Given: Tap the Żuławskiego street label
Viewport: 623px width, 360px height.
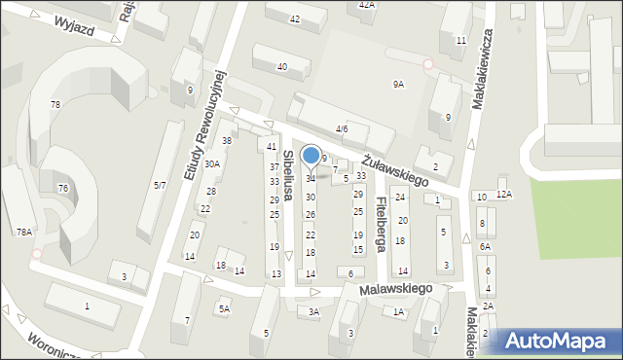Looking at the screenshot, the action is pos(396,168).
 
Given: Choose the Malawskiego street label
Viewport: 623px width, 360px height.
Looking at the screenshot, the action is pos(395,289).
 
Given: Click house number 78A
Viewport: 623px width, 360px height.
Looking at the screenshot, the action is pos(23,232).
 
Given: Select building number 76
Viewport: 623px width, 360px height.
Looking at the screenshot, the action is pos(62,188).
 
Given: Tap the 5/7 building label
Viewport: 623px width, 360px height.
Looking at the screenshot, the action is pos(159,184).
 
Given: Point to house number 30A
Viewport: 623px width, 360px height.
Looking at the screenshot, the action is pos(211,164).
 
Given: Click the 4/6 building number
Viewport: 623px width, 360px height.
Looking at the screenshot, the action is pos(342,128).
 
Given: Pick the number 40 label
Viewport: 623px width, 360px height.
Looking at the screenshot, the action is pos(282,66).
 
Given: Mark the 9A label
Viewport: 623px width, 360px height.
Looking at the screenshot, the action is pos(398,85).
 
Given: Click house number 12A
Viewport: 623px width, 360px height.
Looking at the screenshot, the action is pos(503,196).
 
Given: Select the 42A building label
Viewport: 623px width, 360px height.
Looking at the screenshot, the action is pos(366,5).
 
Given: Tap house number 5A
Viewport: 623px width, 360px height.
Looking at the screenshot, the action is pos(224,309).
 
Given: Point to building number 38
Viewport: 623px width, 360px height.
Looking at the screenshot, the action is pos(226,141).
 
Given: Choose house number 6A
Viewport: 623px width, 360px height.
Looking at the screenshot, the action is pos(485,247).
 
